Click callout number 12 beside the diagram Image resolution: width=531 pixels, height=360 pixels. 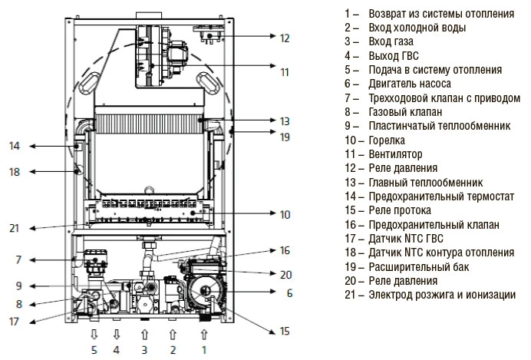(284, 37)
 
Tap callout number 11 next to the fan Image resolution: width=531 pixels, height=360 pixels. (284, 72)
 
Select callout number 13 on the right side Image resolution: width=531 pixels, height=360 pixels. (284, 121)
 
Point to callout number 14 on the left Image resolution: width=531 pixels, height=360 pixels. (14, 146)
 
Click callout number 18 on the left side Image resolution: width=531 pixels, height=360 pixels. (14, 172)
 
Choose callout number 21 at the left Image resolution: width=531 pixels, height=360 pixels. (14, 228)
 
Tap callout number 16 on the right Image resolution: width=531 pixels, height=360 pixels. (284, 250)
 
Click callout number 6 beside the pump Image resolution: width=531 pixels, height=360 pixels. (289, 292)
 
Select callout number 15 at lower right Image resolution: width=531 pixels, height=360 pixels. (285, 332)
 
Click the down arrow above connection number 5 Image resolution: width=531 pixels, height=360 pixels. (94, 334)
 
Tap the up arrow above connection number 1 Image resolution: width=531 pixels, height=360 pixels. (203, 334)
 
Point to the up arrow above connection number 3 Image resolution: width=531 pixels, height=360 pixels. (144, 334)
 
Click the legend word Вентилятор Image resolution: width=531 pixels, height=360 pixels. (395, 154)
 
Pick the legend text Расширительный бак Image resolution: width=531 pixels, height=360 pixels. (418, 266)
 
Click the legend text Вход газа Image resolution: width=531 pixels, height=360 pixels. (390, 41)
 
